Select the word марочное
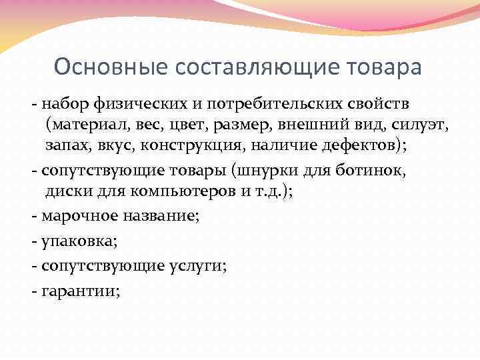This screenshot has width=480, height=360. (x=75, y=215)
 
